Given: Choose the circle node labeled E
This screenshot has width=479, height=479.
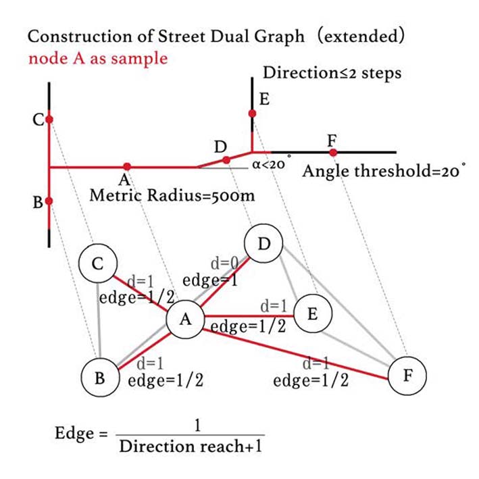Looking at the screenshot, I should [x=312, y=315].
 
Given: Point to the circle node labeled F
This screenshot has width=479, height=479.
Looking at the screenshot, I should [x=408, y=375].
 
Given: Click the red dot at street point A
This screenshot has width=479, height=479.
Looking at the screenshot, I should [x=126, y=166].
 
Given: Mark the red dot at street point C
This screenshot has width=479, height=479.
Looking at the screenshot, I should [x=49, y=120].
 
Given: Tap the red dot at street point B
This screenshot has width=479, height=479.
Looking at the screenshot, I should [x=49, y=201].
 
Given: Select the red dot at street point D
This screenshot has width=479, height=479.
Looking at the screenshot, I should [x=226, y=160].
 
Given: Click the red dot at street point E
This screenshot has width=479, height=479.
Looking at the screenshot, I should [x=252, y=114].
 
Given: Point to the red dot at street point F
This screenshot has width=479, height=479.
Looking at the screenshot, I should [x=332, y=152].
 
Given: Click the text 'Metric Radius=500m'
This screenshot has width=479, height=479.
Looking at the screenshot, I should [x=172, y=196].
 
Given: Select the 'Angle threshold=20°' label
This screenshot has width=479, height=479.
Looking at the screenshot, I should [x=384, y=171].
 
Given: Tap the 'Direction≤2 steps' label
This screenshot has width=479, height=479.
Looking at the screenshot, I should [x=332, y=72].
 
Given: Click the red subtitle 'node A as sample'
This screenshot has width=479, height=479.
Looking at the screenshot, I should [x=98, y=58].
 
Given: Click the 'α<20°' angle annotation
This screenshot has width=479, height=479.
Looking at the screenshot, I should [x=271, y=163].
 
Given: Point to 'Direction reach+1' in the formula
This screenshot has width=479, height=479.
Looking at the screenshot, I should [x=189, y=447].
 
